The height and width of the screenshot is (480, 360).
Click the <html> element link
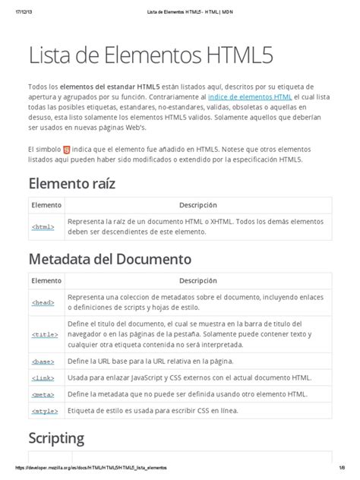(43, 226)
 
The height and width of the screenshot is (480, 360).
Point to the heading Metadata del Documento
(109, 260)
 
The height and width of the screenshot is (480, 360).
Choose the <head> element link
(43, 302)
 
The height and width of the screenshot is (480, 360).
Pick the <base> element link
(43, 361)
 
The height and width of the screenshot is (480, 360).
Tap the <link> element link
(43, 377)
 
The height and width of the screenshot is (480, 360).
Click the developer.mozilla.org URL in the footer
(87, 469)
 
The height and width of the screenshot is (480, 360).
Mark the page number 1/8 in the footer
(342, 469)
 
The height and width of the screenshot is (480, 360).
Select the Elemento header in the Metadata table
(46, 280)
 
